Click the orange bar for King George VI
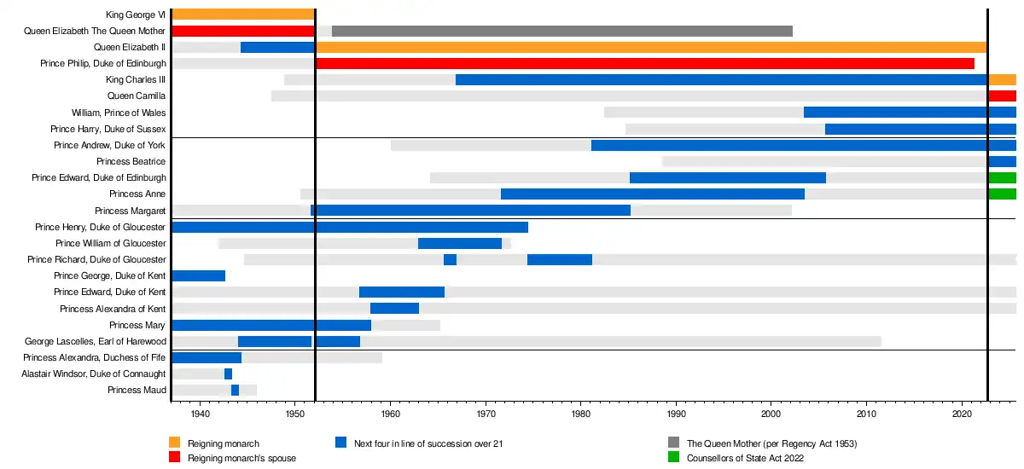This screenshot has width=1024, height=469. tap(243, 14)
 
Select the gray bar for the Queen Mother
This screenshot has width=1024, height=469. tap(561, 31)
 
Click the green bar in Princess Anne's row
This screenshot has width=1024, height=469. tap(1002, 194)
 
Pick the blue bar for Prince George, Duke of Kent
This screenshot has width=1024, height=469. tap(198, 275)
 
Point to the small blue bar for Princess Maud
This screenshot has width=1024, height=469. tap(235, 391)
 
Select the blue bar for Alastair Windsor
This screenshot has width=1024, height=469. tap(228, 374)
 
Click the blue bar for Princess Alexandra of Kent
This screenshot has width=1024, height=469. tap(394, 309)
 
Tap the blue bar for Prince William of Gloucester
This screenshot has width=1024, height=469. tap(460, 243)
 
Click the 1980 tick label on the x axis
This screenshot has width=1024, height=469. tap(581, 414)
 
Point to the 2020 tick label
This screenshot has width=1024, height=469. tap(963, 414)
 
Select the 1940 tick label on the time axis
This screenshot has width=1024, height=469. tap(200, 414)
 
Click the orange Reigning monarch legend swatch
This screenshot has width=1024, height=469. tap(175, 443)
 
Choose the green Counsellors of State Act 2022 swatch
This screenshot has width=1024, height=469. tap(673, 458)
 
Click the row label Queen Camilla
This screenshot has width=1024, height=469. tap(137, 96)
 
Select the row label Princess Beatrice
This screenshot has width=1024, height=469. tap(131, 162)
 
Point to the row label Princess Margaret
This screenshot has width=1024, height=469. tap(131, 211)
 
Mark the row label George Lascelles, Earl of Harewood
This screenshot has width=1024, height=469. tap(96, 342)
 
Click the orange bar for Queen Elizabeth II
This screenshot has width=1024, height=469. tap(650, 47)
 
